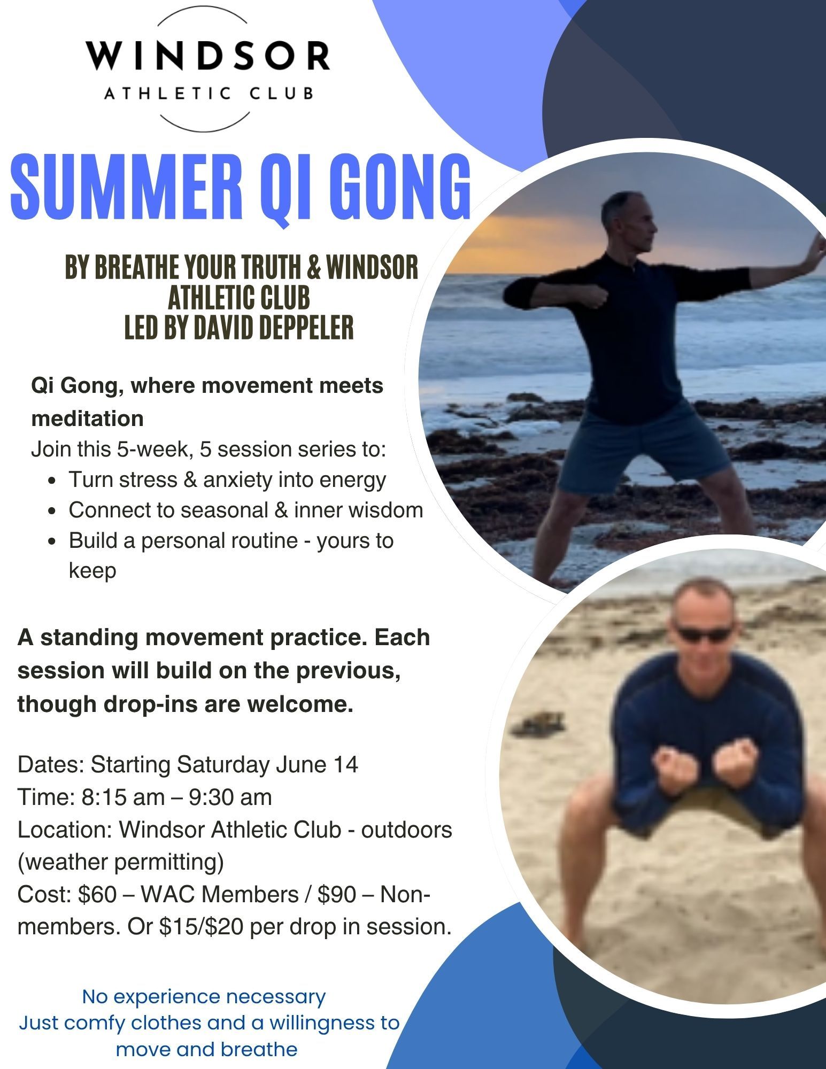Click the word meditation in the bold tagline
(88, 418)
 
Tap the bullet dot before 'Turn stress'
(52, 481)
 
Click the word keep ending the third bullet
(92, 571)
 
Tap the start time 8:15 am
(123, 797)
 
